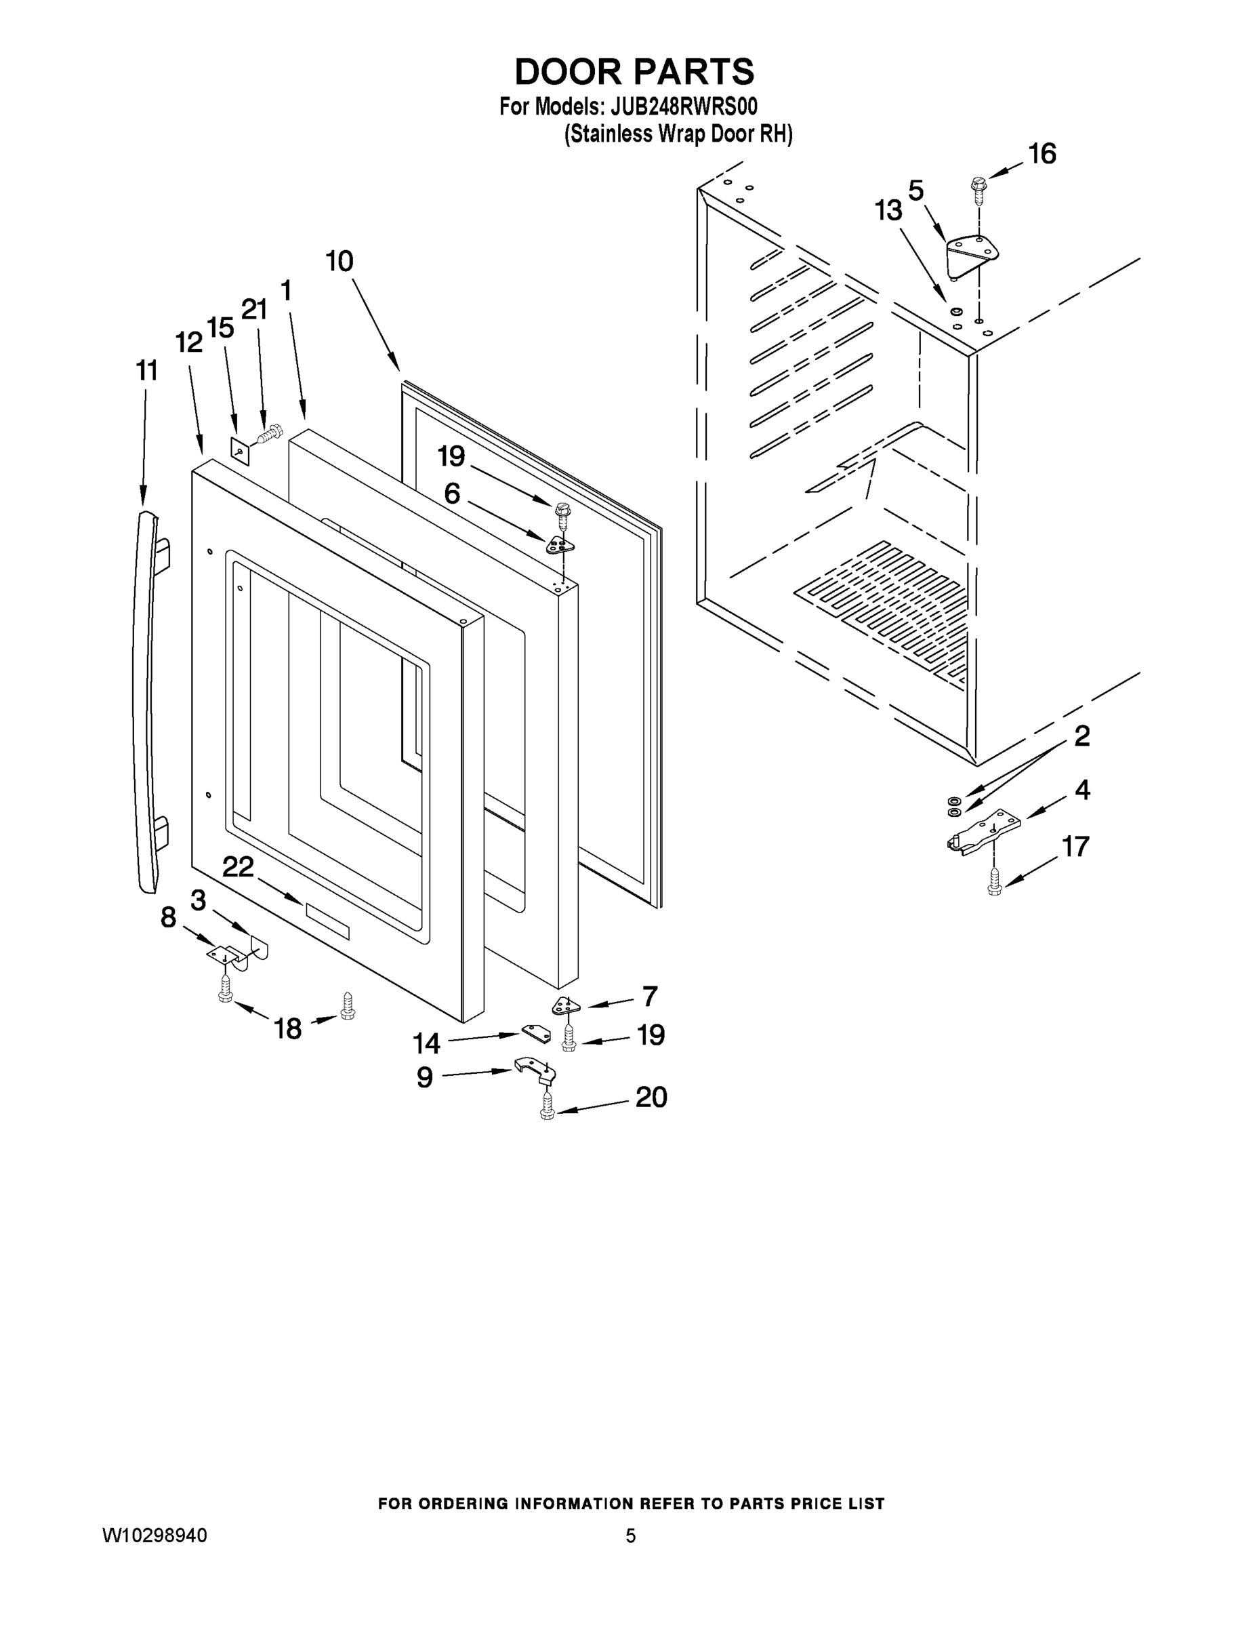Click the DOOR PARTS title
(x=634, y=71)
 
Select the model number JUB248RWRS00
(x=684, y=106)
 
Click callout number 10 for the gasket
(x=339, y=262)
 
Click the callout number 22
(x=239, y=866)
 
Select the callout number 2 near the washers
(x=1082, y=736)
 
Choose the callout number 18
(x=288, y=1029)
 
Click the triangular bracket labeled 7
(x=567, y=1006)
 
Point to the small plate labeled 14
(x=536, y=1033)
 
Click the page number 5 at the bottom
(x=630, y=1535)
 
